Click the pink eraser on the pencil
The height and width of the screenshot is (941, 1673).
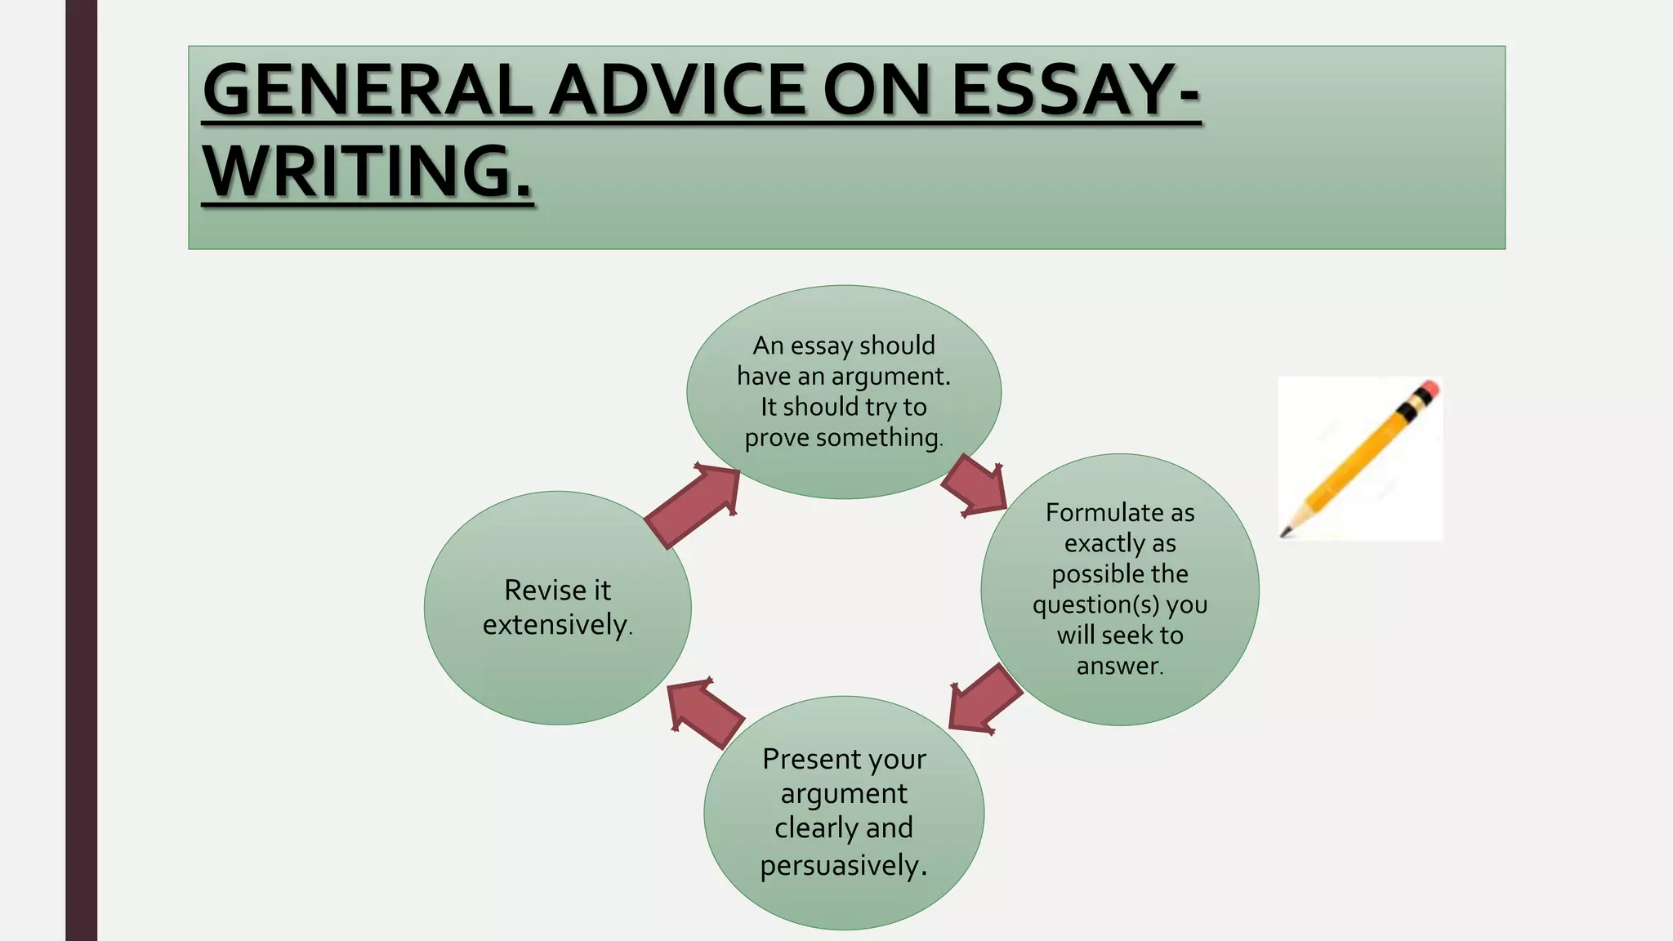1429,389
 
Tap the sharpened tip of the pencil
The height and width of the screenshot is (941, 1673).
1285,533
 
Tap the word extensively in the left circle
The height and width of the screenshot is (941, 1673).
555,625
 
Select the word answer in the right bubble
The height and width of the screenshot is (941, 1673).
1118,666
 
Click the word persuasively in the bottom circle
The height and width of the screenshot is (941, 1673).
840,865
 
